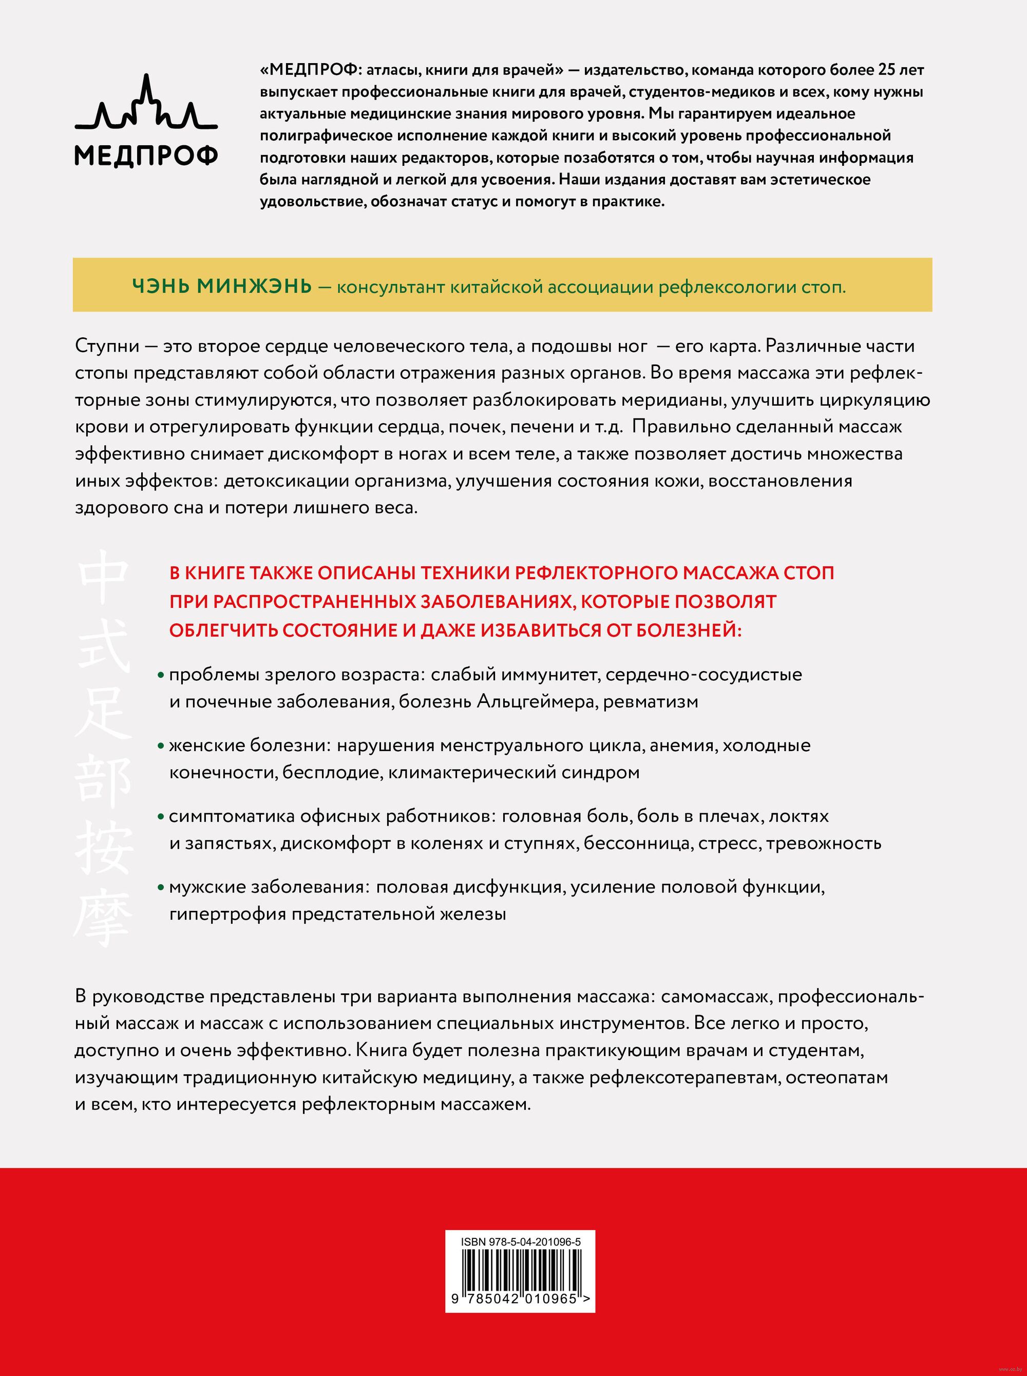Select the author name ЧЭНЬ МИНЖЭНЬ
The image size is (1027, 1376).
point(221,287)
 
